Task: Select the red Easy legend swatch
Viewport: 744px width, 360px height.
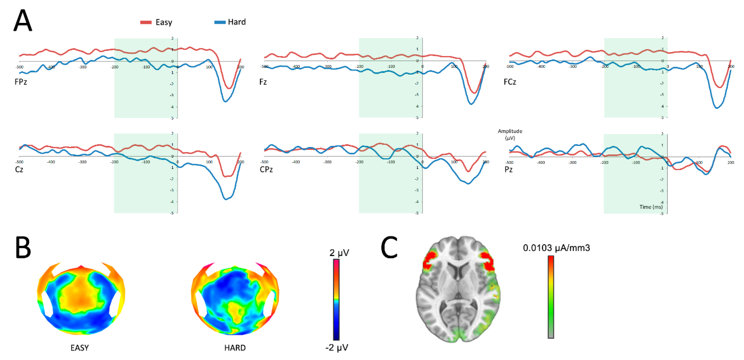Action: tap(146, 22)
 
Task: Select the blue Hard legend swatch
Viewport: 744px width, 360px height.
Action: tap(220, 22)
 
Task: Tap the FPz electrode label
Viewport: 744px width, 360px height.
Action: tap(21, 82)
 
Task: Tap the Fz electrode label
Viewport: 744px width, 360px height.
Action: tap(263, 82)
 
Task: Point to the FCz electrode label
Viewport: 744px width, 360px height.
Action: tap(510, 82)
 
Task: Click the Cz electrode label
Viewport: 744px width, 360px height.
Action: tap(19, 169)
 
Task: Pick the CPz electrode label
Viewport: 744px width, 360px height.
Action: tap(266, 169)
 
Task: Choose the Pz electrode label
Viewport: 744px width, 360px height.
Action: tap(509, 169)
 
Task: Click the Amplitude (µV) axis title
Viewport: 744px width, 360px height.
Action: tap(510, 134)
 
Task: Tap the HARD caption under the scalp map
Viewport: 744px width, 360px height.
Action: tap(235, 348)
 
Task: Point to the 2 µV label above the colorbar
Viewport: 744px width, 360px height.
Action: tap(339, 253)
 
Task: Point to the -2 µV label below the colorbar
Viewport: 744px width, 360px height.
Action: tap(337, 347)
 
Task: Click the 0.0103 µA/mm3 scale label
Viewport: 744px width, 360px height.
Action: tap(556, 248)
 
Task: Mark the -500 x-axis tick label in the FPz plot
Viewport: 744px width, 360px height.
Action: tap(19, 67)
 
